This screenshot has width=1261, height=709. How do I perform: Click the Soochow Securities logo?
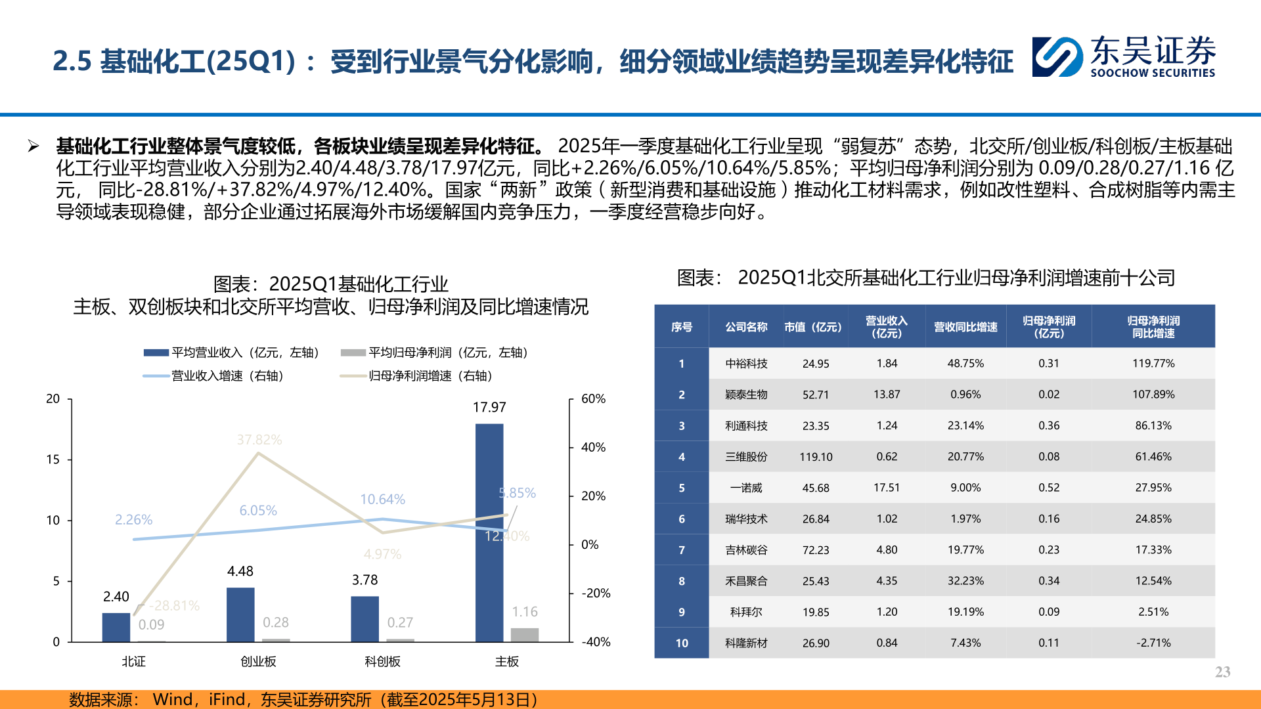[x=1123, y=57]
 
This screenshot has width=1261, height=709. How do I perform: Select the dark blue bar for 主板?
[x=489, y=532]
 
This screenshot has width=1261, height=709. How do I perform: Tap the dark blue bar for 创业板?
[x=240, y=614]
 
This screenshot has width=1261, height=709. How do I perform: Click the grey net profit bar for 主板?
[x=525, y=634]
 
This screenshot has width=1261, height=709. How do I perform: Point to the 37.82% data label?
[x=259, y=440]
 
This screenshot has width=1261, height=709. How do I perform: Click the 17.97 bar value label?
[x=489, y=408]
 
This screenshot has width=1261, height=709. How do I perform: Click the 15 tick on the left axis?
[x=53, y=460]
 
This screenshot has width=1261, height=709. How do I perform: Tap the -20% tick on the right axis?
[x=596, y=593]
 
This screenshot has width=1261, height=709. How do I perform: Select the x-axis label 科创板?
[x=382, y=662]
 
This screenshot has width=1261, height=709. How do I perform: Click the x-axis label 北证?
[x=133, y=662]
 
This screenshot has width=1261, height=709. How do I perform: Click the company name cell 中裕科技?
[x=746, y=363]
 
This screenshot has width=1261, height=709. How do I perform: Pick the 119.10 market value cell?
[x=816, y=457]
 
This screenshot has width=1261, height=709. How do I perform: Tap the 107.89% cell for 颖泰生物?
[x=1153, y=395]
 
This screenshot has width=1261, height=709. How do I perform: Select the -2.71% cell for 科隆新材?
[x=1153, y=643]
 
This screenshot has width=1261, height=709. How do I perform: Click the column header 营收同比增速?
[x=965, y=327]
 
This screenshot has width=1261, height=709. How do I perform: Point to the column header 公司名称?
[x=746, y=327]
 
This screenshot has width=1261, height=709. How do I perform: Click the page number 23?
[x=1222, y=672]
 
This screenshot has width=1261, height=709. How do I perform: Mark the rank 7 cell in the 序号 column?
[x=682, y=550]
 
